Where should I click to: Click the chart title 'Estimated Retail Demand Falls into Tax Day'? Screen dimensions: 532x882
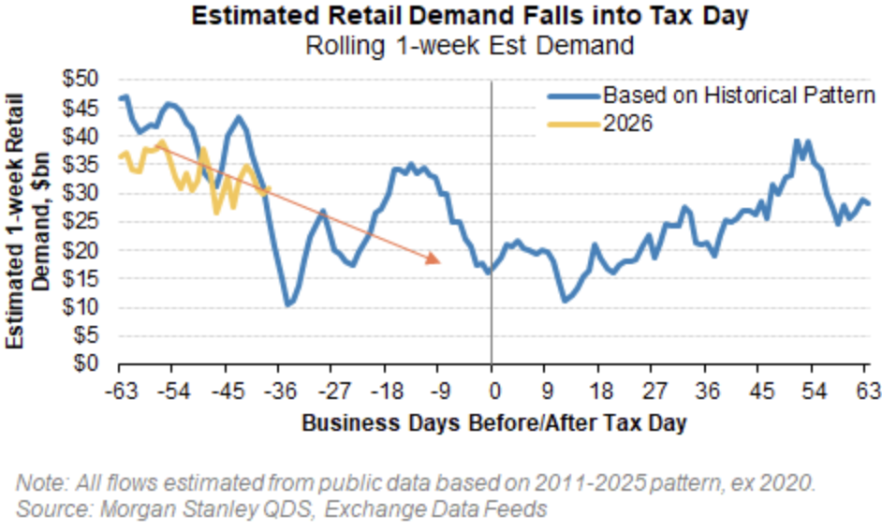(440, 16)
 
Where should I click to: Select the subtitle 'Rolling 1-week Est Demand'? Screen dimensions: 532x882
(440, 43)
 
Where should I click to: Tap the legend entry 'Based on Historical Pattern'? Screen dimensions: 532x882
(738, 95)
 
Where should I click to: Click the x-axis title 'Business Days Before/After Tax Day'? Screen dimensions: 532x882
(493, 422)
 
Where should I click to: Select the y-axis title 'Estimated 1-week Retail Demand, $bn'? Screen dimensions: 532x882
(28, 222)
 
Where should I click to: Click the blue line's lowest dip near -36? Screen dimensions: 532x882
(288, 304)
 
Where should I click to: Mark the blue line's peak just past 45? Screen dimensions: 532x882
(797, 141)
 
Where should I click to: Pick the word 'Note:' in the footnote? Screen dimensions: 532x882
(37, 483)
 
